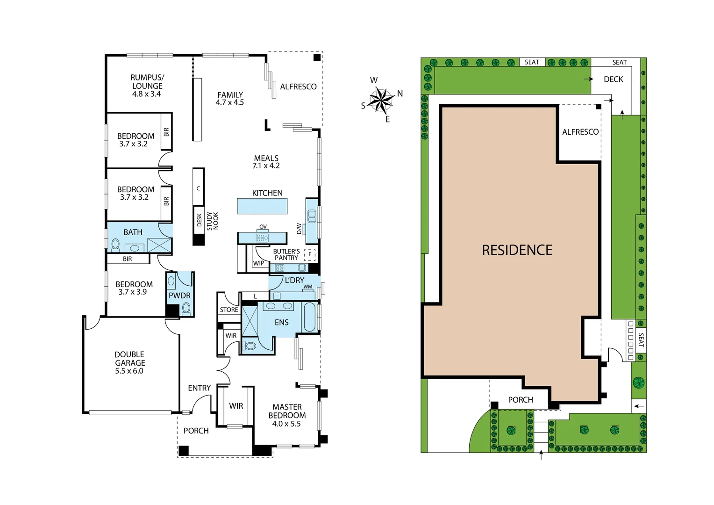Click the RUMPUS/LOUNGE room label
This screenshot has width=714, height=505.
click(147, 82)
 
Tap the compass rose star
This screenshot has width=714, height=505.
click(382, 100)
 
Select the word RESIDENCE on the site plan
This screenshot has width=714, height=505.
click(517, 250)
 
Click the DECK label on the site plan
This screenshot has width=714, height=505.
click(613, 79)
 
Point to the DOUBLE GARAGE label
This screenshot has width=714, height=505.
click(129, 359)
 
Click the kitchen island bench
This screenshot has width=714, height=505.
click(262, 206)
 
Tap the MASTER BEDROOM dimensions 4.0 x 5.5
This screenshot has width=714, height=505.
click(286, 424)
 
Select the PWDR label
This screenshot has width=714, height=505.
click(179, 296)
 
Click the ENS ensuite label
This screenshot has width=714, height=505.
click(281, 323)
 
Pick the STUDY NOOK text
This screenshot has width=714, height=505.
click(213, 221)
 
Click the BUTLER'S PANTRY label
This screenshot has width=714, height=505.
click(286, 254)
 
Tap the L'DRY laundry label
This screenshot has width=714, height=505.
click(294, 280)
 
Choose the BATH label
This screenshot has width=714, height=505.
click(133, 232)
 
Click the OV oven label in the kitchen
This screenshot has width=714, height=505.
click(263, 227)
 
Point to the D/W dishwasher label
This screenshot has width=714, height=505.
click(299, 228)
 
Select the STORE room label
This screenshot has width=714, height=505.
click(229, 310)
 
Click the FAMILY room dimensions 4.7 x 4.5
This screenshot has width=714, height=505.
click(229, 102)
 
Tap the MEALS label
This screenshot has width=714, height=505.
click(266, 158)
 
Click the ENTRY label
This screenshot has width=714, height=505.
click(199, 388)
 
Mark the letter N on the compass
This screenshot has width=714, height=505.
click(400, 94)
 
